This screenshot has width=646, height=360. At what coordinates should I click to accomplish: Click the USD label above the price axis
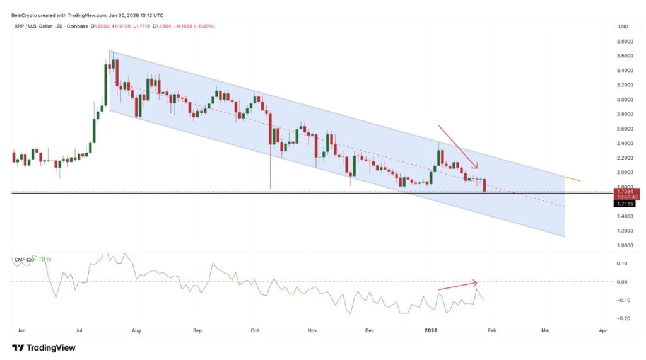[x=623, y=27]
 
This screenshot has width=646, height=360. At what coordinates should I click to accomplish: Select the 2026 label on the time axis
[x=431, y=330]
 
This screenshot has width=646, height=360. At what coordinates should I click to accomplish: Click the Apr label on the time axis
[x=602, y=330]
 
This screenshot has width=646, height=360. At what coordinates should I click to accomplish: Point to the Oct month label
[x=254, y=330]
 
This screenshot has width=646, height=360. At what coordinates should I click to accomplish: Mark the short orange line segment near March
[x=572, y=179]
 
